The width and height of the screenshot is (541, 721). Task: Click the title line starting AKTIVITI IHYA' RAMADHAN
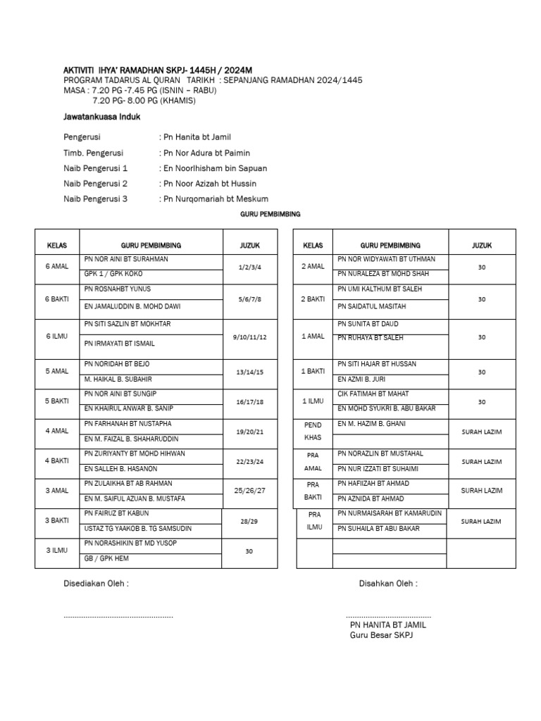pyautogui.click(x=158, y=69)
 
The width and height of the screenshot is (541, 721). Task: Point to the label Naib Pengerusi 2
pyautogui.click(x=95, y=184)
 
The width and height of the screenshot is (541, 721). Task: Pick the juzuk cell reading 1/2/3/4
pyautogui.click(x=249, y=268)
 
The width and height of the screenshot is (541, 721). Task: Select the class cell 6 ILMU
pyautogui.click(x=56, y=337)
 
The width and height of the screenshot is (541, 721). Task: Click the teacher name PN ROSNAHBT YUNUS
pyautogui.click(x=117, y=289)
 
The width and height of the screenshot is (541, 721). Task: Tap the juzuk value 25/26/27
pyautogui.click(x=249, y=489)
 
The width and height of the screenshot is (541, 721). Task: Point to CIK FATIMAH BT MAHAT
pyautogui.click(x=373, y=394)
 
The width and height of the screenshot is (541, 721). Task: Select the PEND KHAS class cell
pyautogui.click(x=312, y=430)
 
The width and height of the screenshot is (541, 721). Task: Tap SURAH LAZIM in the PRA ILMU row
pyautogui.click(x=482, y=521)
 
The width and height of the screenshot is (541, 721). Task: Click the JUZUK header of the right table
pyautogui.click(x=482, y=245)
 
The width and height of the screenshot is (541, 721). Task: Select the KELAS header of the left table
pyautogui.click(x=56, y=245)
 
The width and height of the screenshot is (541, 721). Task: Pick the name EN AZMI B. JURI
pyautogui.click(x=362, y=380)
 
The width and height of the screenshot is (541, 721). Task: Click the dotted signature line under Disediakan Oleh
pyautogui.click(x=118, y=617)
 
